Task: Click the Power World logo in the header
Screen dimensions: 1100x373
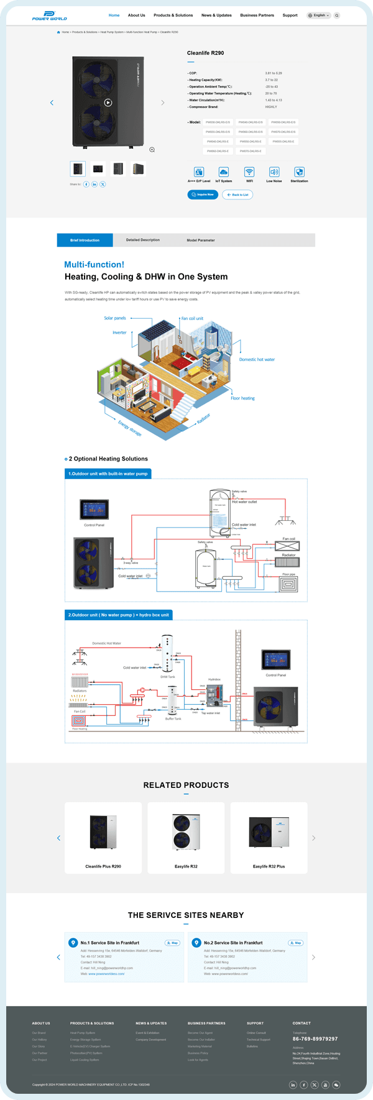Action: (x=49, y=16)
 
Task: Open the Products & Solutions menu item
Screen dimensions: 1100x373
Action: (x=173, y=16)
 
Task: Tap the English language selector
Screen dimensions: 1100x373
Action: (x=319, y=16)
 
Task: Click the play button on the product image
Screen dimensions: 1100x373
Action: (x=108, y=103)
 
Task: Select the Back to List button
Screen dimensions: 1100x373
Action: (x=237, y=195)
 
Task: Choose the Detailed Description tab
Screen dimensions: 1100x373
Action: (x=143, y=240)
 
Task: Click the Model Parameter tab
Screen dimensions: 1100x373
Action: (x=201, y=240)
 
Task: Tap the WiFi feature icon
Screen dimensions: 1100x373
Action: (x=249, y=172)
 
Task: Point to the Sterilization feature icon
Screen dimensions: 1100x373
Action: (x=299, y=172)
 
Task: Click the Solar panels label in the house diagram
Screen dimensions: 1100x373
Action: (x=115, y=318)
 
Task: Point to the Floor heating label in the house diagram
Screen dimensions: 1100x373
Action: (x=243, y=398)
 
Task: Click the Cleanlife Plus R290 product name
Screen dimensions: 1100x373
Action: (x=103, y=866)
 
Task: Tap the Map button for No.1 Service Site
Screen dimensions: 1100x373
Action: (x=173, y=943)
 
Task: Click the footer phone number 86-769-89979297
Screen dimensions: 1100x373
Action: (x=315, y=1038)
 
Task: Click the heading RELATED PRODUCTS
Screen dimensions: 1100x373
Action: (x=186, y=785)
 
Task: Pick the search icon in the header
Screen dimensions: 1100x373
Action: (x=337, y=16)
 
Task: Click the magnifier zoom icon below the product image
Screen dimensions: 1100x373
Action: (x=152, y=150)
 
